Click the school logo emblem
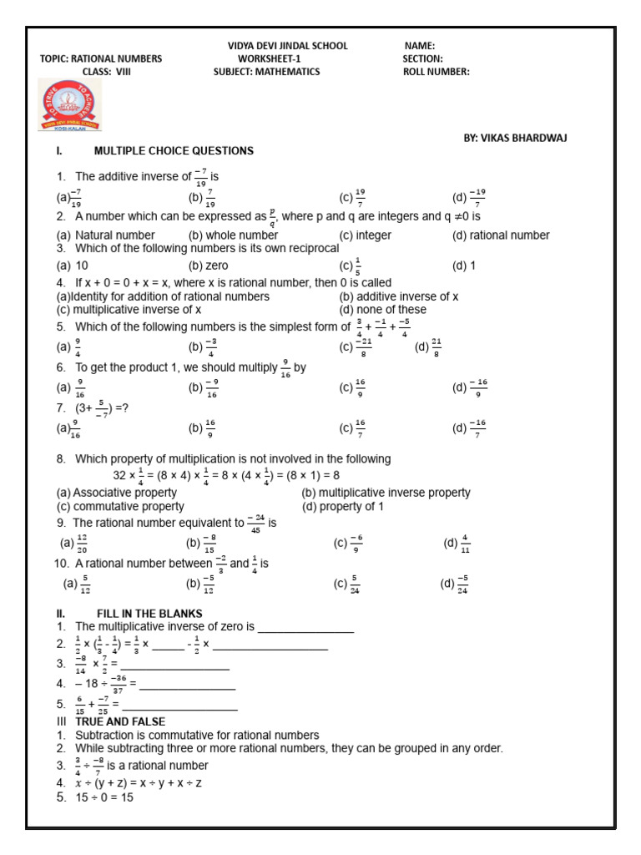pos(70,105)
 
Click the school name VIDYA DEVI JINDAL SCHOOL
pos(287,46)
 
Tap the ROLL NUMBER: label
pos(436,72)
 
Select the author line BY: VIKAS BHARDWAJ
pos(515,138)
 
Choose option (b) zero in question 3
pos(209,266)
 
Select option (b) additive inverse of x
pos(399,296)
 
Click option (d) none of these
pos(382,309)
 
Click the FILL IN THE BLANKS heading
pos(149,614)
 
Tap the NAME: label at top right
pos(420,46)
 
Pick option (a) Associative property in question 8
pos(116,493)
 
